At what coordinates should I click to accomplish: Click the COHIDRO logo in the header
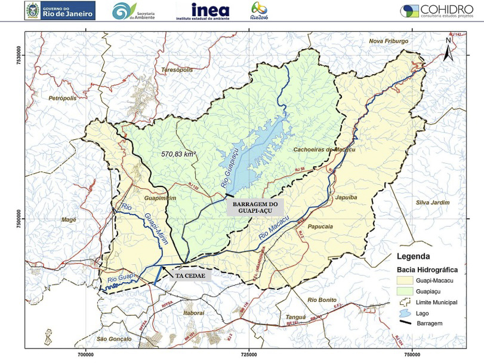point(440,11)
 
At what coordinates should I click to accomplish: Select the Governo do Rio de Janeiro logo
point(60,10)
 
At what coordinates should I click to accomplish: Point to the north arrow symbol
point(448,50)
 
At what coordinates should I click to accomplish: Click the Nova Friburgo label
point(389,41)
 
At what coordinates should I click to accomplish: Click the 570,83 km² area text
point(179,154)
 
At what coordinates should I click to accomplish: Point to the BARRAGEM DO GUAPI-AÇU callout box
point(255,207)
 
